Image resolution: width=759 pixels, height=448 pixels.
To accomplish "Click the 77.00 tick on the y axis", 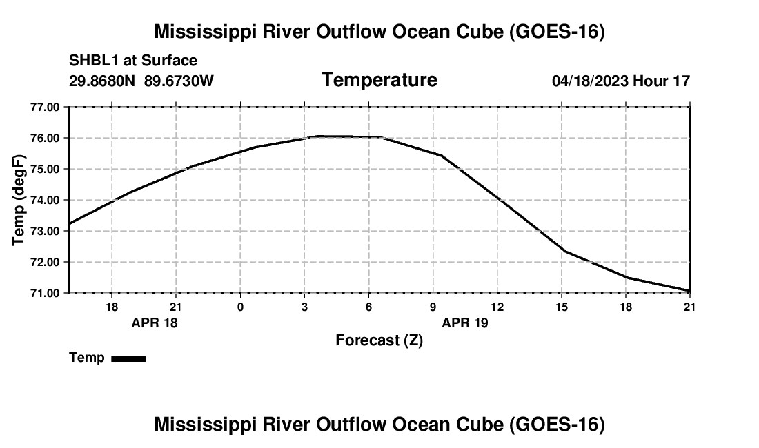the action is pyautogui.click(x=45, y=107).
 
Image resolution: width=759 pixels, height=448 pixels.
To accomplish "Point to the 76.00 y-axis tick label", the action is pyautogui.click(x=45, y=139).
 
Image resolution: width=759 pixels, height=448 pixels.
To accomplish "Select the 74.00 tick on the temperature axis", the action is pyautogui.click(x=45, y=200).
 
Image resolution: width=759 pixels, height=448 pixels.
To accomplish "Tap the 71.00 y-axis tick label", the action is pyautogui.click(x=45, y=293).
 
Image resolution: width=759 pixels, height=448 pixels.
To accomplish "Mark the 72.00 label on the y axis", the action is pyautogui.click(x=45, y=262).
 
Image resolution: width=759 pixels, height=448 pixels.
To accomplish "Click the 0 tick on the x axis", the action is pyautogui.click(x=240, y=307).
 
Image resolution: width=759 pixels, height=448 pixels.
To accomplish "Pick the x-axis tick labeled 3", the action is pyautogui.click(x=304, y=307).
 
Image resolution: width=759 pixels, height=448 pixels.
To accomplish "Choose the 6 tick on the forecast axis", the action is pyautogui.click(x=369, y=307).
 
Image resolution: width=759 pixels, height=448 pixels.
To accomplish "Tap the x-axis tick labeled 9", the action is pyautogui.click(x=433, y=307).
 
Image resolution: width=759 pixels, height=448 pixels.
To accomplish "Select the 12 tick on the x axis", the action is pyautogui.click(x=497, y=307).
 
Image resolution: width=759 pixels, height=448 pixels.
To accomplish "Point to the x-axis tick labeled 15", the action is pyautogui.click(x=562, y=307).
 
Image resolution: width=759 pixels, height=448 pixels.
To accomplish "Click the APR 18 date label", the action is pyautogui.click(x=155, y=323).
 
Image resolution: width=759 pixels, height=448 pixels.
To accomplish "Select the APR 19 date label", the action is pyautogui.click(x=464, y=323).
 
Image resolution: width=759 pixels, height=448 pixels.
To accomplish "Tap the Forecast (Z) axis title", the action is pyautogui.click(x=379, y=340).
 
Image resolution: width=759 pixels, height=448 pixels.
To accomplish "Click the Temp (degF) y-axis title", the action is pyautogui.click(x=18, y=200).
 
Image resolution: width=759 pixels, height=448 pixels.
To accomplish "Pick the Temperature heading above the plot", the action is pyautogui.click(x=379, y=80).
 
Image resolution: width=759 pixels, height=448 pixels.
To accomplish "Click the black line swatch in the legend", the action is pyautogui.click(x=129, y=358).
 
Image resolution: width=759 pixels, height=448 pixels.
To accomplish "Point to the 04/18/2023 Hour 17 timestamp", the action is pyautogui.click(x=621, y=81).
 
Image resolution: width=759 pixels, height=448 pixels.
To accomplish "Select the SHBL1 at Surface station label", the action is pyautogui.click(x=133, y=61).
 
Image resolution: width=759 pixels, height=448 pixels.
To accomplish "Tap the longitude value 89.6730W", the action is pyautogui.click(x=179, y=81).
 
